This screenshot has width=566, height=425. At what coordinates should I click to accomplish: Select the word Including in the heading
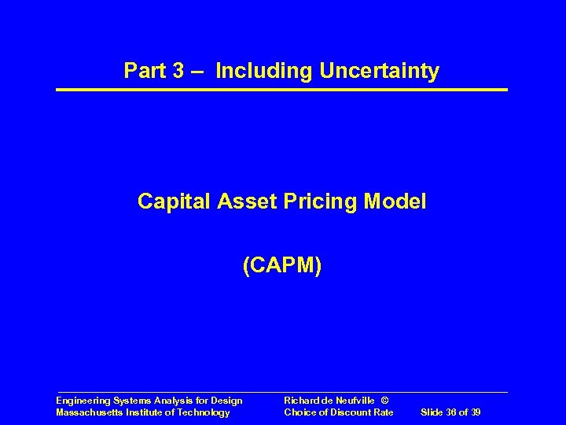tap(264, 72)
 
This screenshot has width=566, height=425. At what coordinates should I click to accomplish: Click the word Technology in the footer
tap(205, 412)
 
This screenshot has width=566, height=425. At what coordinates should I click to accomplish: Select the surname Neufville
tap(355, 401)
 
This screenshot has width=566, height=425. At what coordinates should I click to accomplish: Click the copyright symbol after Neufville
tap(384, 401)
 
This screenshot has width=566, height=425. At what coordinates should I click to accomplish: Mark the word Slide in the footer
tap(434, 412)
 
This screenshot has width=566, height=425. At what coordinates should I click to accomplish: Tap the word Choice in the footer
tap(300, 412)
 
